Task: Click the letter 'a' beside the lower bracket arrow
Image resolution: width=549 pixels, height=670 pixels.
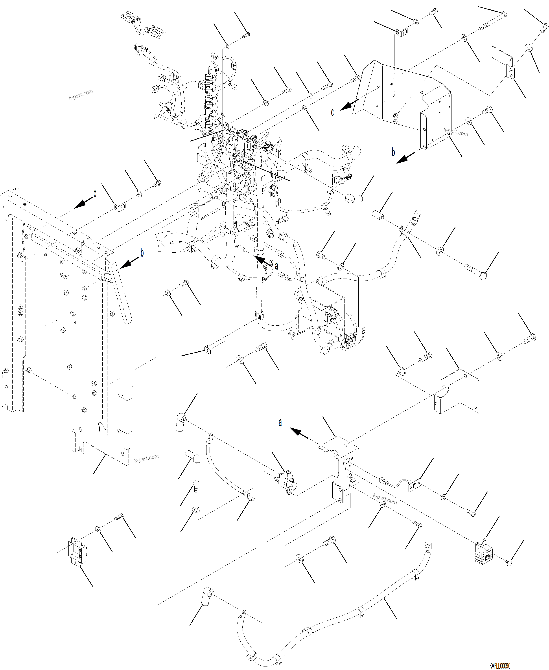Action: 280,422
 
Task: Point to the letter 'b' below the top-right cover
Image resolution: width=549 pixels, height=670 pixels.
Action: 393,152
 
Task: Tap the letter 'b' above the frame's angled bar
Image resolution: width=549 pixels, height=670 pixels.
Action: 142,253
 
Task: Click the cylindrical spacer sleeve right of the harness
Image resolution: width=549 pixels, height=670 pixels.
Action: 378,216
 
